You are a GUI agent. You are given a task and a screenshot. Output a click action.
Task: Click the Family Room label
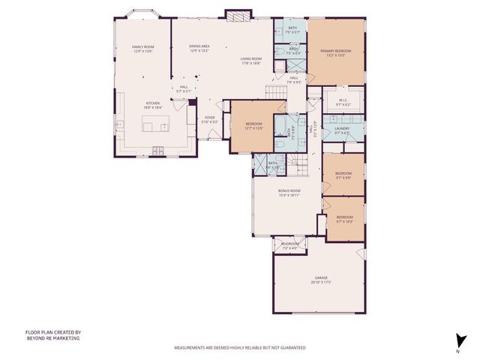[x=142, y=47]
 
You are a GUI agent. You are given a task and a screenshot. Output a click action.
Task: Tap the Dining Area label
[x=199, y=46]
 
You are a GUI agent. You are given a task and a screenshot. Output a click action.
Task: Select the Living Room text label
[x=250, y=58]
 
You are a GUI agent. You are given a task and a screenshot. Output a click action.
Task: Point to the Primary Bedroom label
[x=336, y=51]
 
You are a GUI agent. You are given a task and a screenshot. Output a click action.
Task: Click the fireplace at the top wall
[x=235, y=16]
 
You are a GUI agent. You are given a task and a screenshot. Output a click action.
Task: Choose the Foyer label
[x=210, y=118]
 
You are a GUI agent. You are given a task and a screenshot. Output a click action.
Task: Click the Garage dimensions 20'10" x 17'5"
[x=321, y=283]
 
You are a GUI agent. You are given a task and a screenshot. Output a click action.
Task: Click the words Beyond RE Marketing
[x=52, y=338]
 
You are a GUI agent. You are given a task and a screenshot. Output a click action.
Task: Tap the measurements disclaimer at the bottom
[x=240, y=348]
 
